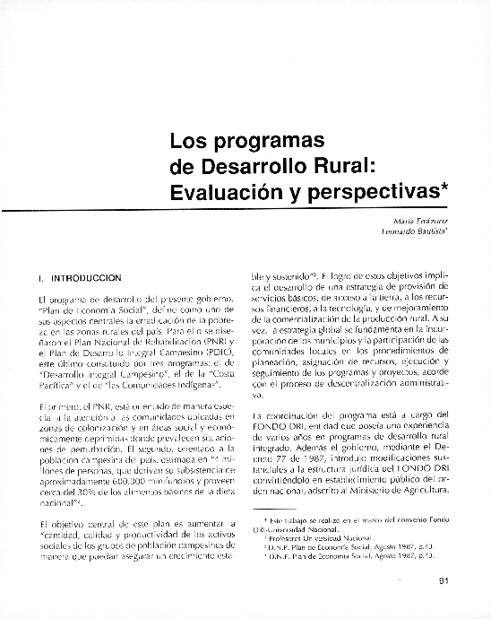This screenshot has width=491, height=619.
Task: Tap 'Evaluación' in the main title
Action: click(x=215, y=190)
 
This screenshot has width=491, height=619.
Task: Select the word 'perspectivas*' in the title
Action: click(x=370, y=191)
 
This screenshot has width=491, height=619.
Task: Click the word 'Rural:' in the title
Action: click(x=363, y=166)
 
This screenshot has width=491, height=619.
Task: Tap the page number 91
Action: click(x=443, y=579)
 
